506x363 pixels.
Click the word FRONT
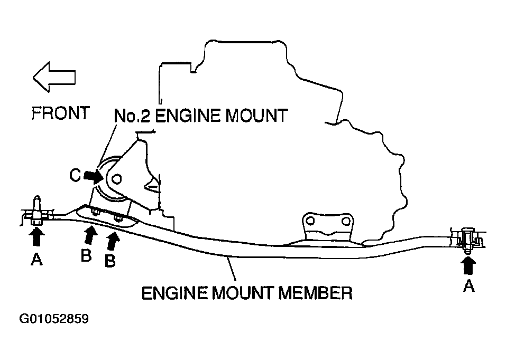click(60, 113)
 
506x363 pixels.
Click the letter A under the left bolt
click(36, 259)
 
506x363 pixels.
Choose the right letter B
click(110, 261)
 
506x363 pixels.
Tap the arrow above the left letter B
click(90, 235)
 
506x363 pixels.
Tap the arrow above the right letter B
click(113, 242)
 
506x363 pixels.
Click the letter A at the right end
click(468, 286)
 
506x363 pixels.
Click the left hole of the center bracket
click(310, 220)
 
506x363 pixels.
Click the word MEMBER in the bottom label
click(314, 292)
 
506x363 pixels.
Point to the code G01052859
click(54, 319)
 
